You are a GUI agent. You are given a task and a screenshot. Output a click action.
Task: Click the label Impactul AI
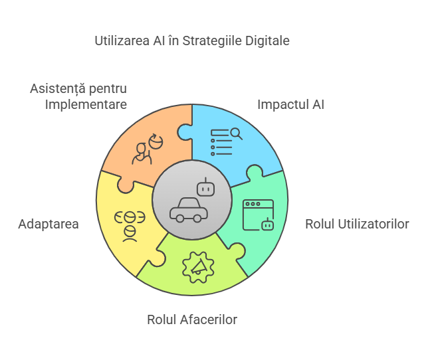[290, 105]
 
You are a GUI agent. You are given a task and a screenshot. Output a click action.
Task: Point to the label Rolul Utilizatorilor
[357, 224]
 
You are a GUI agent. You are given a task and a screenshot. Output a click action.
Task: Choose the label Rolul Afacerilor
[192, 319]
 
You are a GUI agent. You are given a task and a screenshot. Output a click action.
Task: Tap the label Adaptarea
[49, 225]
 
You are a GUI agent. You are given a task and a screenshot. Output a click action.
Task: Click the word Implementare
[86, 105]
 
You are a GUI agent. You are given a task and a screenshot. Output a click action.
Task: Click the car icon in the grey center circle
[189, 210]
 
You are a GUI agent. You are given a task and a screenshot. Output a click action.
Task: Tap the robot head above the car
[205, 187]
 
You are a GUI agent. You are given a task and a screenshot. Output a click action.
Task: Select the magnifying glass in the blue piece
[237, 134]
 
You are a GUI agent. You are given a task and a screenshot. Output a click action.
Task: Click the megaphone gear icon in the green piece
[198, 267]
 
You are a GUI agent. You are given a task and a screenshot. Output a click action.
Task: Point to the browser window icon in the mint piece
[258, 215]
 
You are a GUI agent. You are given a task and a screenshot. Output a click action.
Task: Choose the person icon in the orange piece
[142, 153]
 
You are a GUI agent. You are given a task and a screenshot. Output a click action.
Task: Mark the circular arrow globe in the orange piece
[156, 141]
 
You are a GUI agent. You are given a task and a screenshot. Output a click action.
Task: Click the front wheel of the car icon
[197, 219]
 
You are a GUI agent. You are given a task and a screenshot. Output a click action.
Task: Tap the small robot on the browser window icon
[267, 224]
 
